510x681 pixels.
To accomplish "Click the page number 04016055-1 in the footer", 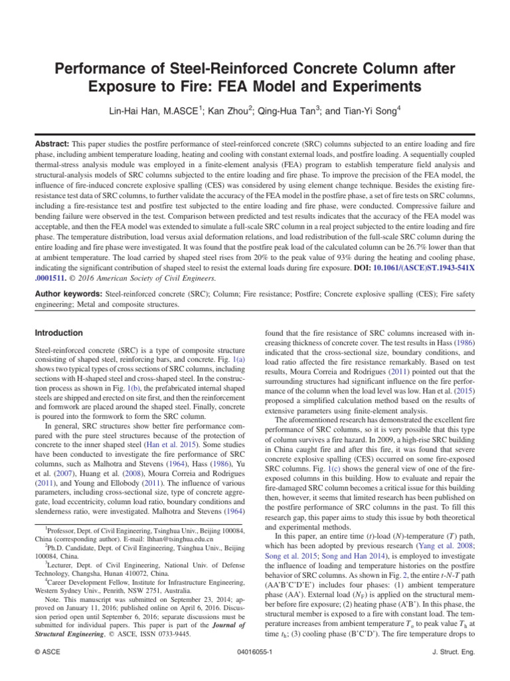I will [255, 671].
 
